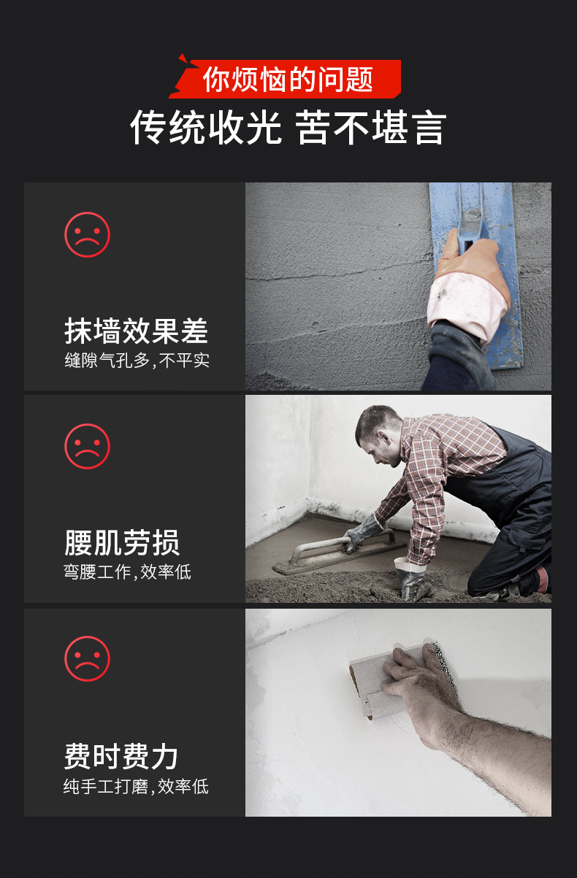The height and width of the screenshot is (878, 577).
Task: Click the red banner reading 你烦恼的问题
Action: [288, 79]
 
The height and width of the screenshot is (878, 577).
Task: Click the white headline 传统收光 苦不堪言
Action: [288, 128]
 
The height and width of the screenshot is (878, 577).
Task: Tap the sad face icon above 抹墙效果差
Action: [87, 235]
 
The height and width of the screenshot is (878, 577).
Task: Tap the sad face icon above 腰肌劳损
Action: [87, 446]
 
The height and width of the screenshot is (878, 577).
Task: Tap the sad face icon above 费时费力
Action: [87, 658]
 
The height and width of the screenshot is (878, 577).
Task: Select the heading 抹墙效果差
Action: [136, 331]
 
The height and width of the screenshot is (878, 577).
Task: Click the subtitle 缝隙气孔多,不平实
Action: [137, 361]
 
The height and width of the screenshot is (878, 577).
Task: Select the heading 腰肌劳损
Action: [121, 542]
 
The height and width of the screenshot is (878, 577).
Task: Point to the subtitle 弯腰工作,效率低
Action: [127, 571]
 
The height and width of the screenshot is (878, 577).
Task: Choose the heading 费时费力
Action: [121, 756]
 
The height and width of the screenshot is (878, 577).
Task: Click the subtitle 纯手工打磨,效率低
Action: [136, 786]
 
